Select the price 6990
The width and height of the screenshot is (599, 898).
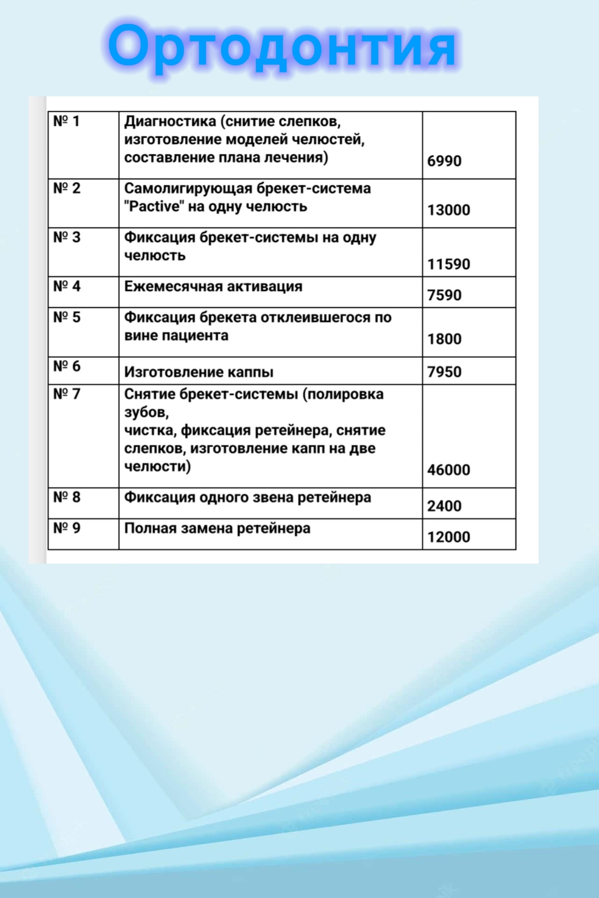(x=444, y=161)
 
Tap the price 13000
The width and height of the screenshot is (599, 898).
(x=448, y=210)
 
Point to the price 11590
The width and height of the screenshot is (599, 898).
(x=448, y=264)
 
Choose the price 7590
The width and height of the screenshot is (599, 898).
(x=444, y=295)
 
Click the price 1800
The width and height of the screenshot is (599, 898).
(x=444, y=339)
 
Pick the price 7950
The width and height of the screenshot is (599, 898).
(x=444, y=372)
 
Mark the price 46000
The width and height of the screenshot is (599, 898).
(x=448, y=470)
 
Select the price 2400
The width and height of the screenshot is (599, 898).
(x=444, y=506)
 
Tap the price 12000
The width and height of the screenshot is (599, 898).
(x=448, y=536)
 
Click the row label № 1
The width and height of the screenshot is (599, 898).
(x=66, y=121)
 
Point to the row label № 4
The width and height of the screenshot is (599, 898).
(x=67, y=286)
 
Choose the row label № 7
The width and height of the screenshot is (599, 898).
(x=67, y=394)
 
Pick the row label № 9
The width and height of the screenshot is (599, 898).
(x=67, y=528)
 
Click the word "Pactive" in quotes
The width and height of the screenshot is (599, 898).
(x=154, y=206)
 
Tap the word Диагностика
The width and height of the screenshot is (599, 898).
(x=170, y=122)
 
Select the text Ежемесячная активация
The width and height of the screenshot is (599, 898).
(x=213, y=286)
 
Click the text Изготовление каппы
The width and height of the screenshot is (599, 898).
(x=199, y=372)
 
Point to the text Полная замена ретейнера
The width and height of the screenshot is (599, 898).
(x=217, y=529)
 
